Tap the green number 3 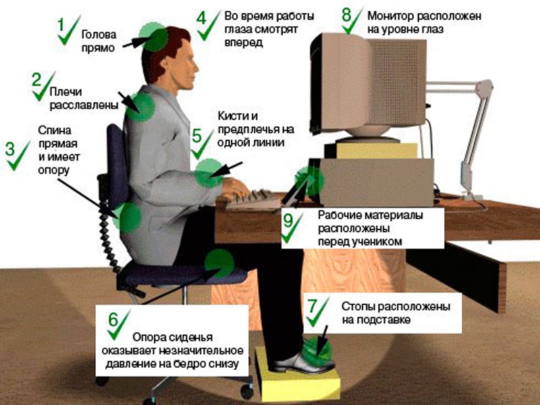click(x=10, y=148)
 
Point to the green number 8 click(x=347, y=13)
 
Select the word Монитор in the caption click(x=389, y=15)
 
